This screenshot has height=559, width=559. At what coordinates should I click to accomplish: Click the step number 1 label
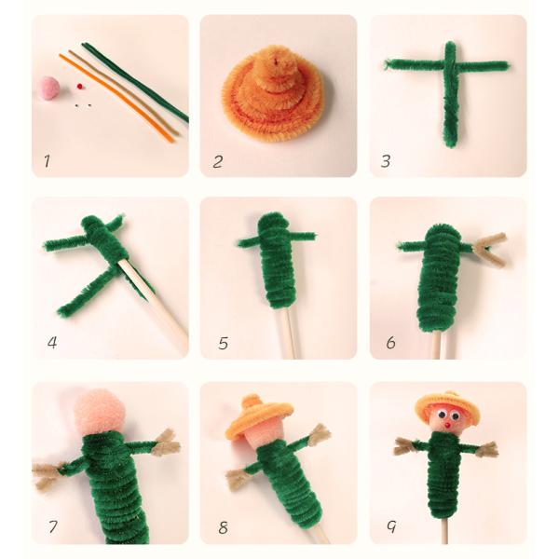[x=46, y=161]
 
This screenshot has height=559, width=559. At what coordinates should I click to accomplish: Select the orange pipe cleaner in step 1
[x=116, y=97]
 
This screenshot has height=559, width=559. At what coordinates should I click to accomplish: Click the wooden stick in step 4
[x=158, y=303]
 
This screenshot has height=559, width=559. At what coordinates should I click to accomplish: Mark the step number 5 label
[x=223, y=344]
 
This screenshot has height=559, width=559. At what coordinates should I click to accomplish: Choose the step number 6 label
[x=390, y=344]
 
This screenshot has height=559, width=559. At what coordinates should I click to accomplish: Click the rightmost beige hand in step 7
[x=166, y=443]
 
